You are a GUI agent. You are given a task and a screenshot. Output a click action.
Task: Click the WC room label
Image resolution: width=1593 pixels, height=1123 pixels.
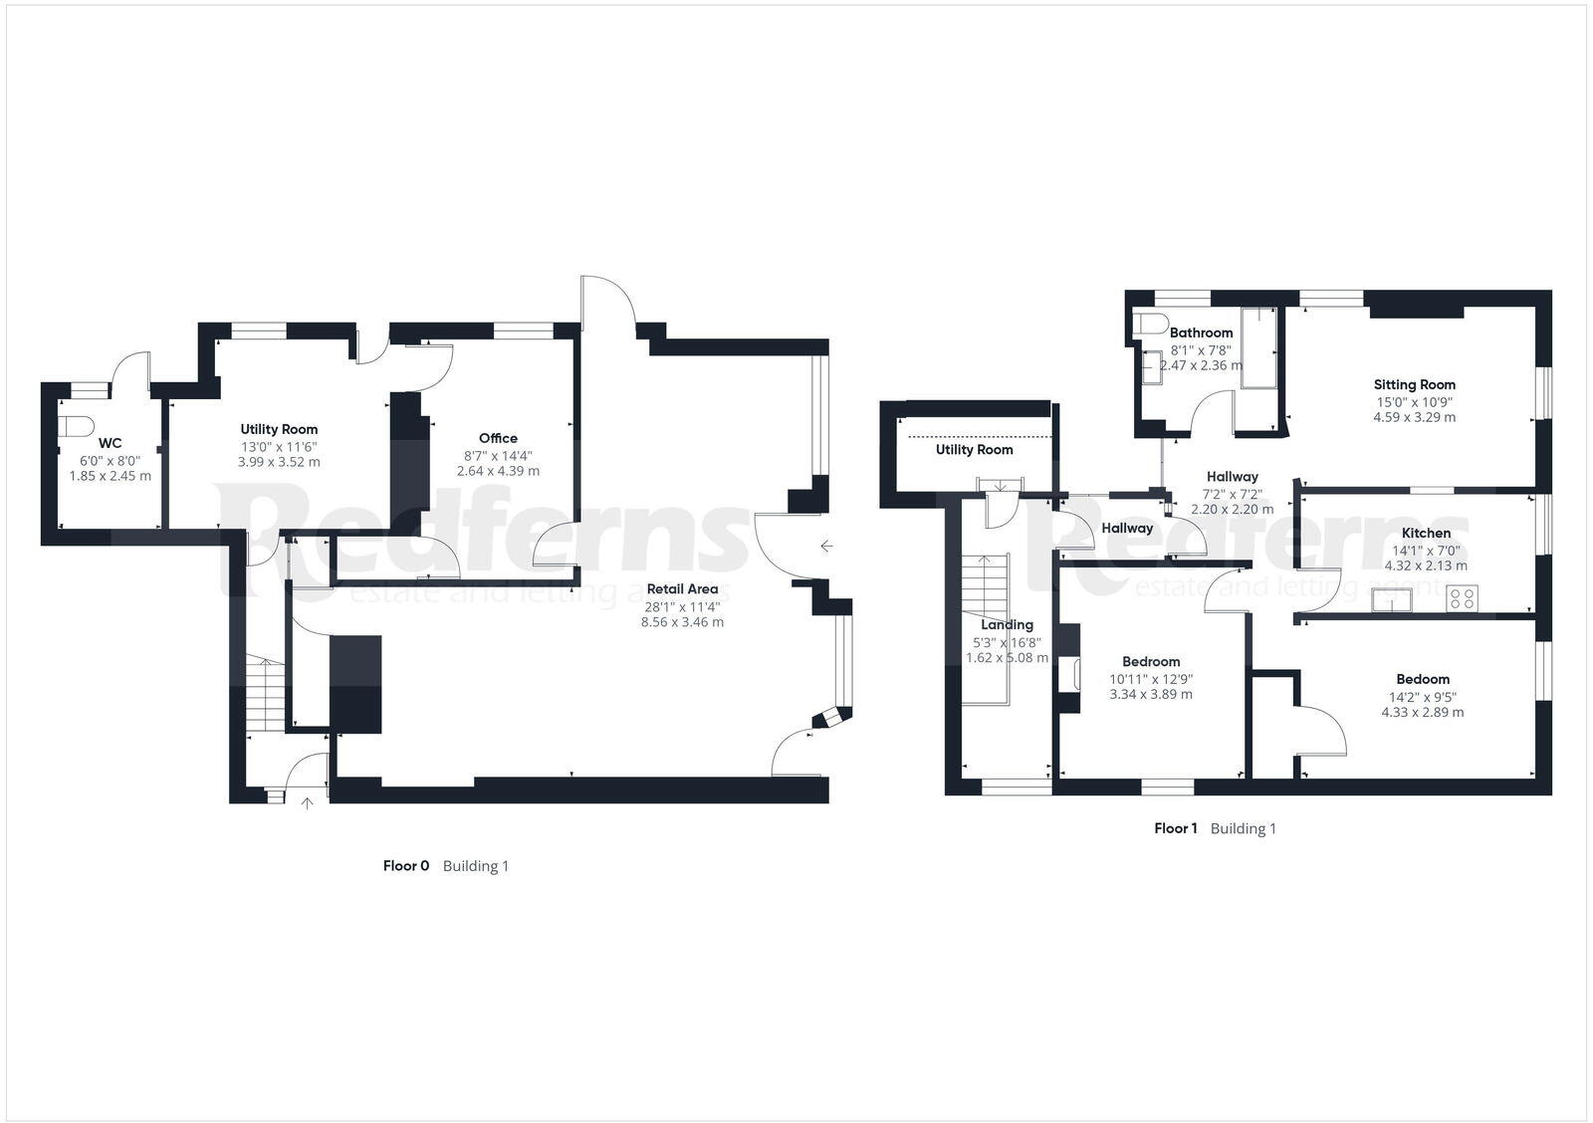coord(110,443)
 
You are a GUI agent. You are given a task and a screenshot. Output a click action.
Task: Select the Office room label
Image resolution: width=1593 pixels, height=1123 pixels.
coord(498,438)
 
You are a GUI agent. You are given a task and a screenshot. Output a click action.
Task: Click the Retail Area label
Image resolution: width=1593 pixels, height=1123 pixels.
coord(682,588)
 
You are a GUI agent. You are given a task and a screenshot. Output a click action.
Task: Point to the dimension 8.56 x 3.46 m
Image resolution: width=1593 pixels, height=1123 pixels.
coord(682,622)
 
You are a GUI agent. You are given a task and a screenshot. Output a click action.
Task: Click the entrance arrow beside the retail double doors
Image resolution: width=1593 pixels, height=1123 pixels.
coord(825,546)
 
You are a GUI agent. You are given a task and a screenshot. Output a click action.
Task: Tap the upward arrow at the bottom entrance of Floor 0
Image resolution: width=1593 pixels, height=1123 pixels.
coord(308,802)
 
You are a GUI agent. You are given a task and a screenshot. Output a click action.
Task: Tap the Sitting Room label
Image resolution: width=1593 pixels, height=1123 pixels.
coord(1414,384)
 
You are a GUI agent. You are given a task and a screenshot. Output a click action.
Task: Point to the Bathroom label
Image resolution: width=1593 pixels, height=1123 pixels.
coord(1201,333)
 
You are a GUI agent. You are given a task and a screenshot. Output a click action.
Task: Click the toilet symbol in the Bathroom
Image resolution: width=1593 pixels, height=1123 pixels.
coord(1153,324)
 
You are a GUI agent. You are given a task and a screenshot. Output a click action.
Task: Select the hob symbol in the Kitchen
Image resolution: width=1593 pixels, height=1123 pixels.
coord(1462,598)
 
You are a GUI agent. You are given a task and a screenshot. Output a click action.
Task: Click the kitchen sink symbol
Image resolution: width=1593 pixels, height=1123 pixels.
coord(1390,599)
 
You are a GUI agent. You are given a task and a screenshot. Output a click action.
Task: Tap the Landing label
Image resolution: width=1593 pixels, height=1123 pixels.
coord(1007,624)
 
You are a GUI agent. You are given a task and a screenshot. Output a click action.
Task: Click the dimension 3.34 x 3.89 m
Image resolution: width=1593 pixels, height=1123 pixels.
coord(1151,695)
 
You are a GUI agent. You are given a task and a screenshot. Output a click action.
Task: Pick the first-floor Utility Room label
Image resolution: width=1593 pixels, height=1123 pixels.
coord(974,450)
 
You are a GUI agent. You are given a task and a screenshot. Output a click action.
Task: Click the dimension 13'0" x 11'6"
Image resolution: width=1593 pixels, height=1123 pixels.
coord(279,446)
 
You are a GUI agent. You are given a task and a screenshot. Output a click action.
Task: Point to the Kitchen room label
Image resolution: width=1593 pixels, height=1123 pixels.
coord(1426,533)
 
